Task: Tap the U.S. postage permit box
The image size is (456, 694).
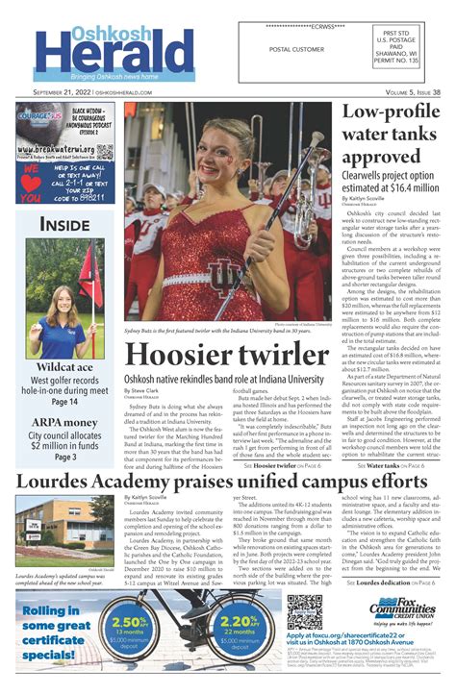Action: (400, 47)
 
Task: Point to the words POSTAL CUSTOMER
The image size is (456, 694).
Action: (296, 49)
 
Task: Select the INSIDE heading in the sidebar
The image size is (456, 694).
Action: (65, 225)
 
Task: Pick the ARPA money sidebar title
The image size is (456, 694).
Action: (65, 422)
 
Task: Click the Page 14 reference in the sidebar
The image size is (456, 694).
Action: (65, 401)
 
